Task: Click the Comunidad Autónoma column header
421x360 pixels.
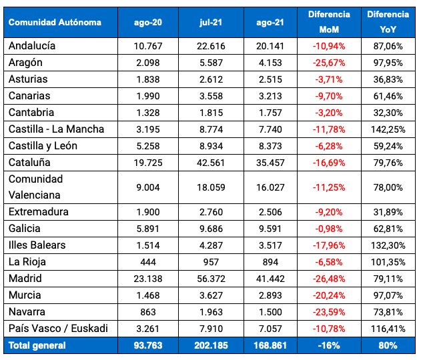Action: click(x=55, y=22)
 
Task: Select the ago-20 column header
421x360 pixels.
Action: click(x=148, y=22)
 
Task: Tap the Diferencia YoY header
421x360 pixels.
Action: click(x=389, y=22)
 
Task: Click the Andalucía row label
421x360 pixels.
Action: click(x=32, y=46)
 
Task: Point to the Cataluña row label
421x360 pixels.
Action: click(x=29, y=162)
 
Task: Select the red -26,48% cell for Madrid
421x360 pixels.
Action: click(x=328, y=279)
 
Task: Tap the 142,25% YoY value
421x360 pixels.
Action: click(x=389, y=129)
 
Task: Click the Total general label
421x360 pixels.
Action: click(x=37, y=345)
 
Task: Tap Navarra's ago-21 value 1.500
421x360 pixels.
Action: click(x=270, y=312)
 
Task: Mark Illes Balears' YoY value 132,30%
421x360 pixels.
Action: click(x=389, y=245)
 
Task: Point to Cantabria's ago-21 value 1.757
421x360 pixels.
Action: click(x=270, y=113)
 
